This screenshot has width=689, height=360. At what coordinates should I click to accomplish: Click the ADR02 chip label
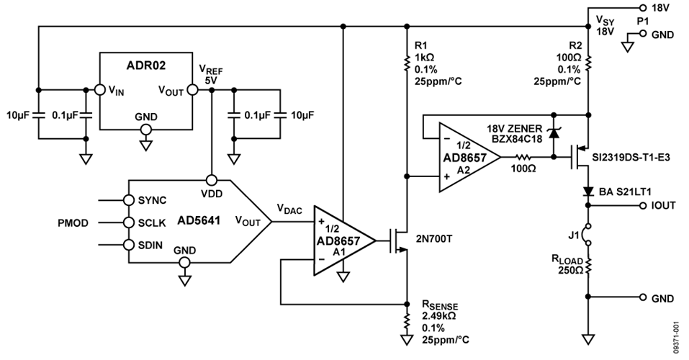[x=146, y=65]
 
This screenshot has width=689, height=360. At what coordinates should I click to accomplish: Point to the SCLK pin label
[x=152, y=222]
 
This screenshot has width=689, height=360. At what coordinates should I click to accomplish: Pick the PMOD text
[x=73, y=222]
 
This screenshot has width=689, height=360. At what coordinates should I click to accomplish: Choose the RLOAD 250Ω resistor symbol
[x=589, y=266]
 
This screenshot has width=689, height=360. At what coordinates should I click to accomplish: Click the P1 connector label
[x=642, y=22]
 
